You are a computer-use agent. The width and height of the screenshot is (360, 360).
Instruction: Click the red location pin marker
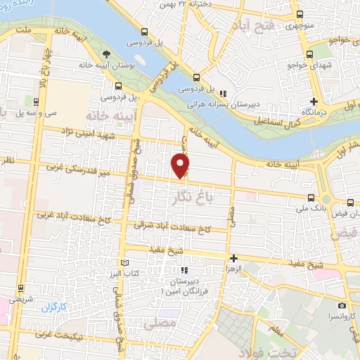pyautogui.click(x=181, y=165)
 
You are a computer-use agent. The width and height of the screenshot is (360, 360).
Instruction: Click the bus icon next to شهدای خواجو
pyautogui.click(x=309, y=56)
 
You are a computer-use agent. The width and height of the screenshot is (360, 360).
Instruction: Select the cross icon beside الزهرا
pyautogui.click(x=233, y=259)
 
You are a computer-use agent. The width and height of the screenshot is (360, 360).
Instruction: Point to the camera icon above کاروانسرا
pyautogui.click(x=342, y=306)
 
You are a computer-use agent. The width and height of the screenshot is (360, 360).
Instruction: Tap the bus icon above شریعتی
pyautogui.click(x=19, y=287)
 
